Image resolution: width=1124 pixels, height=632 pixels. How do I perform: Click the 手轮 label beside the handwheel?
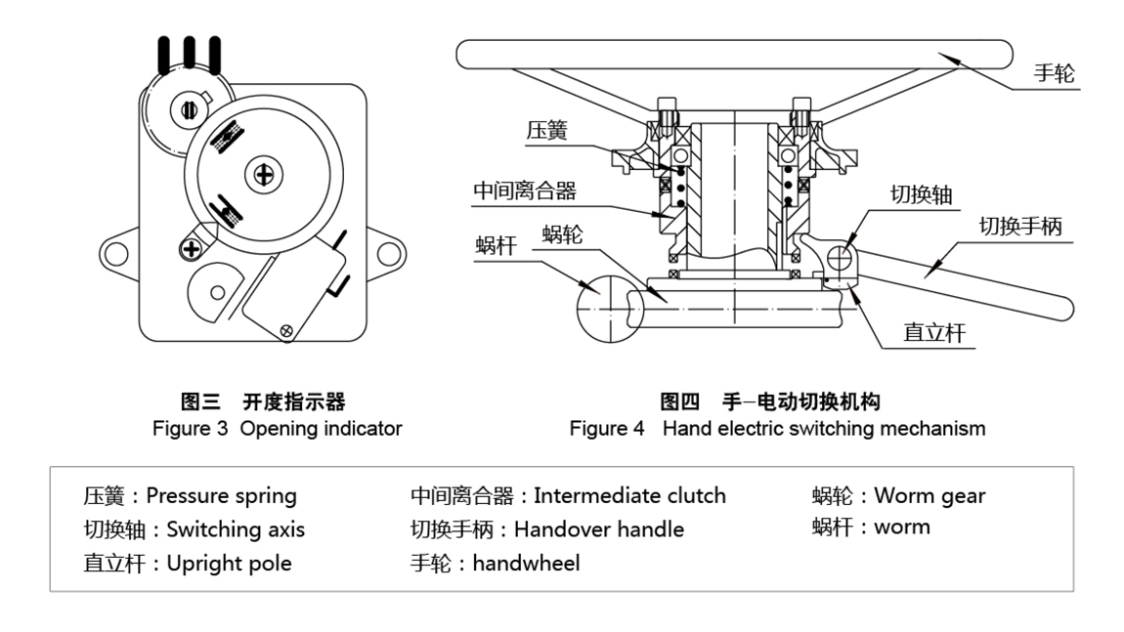click(x=1057, y=74)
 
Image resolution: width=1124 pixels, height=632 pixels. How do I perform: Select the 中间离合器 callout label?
click(x=524, y=190)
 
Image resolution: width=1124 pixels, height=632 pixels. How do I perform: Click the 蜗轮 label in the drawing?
click(x=563, y=235)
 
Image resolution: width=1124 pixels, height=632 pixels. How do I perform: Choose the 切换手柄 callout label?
click(x=1020, y=227)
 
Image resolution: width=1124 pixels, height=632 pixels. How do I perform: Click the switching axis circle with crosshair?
click(x=843, y=258)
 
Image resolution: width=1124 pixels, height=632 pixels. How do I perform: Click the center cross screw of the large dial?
click(x=263, y=175)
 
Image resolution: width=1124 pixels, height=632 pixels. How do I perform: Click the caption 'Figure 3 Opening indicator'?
click(x=277, y=429)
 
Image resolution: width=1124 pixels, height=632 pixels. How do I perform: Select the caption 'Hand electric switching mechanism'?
click(x=824, y=429)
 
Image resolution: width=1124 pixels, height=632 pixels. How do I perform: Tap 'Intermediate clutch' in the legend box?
click(x=629, y=495)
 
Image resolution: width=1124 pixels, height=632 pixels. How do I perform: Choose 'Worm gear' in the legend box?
click(x=929, y=495)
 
